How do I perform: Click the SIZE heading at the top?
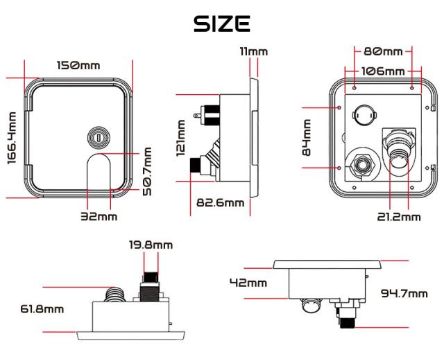coord(221,24)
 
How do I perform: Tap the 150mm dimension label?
coord(78,66)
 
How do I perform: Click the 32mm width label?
coord(99,216)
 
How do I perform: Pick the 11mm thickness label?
coord(253,51)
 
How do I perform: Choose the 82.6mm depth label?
coord(221,202)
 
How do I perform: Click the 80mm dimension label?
coord(383,51)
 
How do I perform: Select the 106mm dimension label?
coord(383,71)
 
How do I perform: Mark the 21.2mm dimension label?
coord(399,217)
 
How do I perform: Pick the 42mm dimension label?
coord(248,282)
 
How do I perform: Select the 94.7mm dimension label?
coord(404,293)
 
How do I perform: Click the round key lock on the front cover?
coord(98,138)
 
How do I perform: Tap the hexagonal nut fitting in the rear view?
coord(362,166)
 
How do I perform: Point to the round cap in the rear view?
coord(364,114)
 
